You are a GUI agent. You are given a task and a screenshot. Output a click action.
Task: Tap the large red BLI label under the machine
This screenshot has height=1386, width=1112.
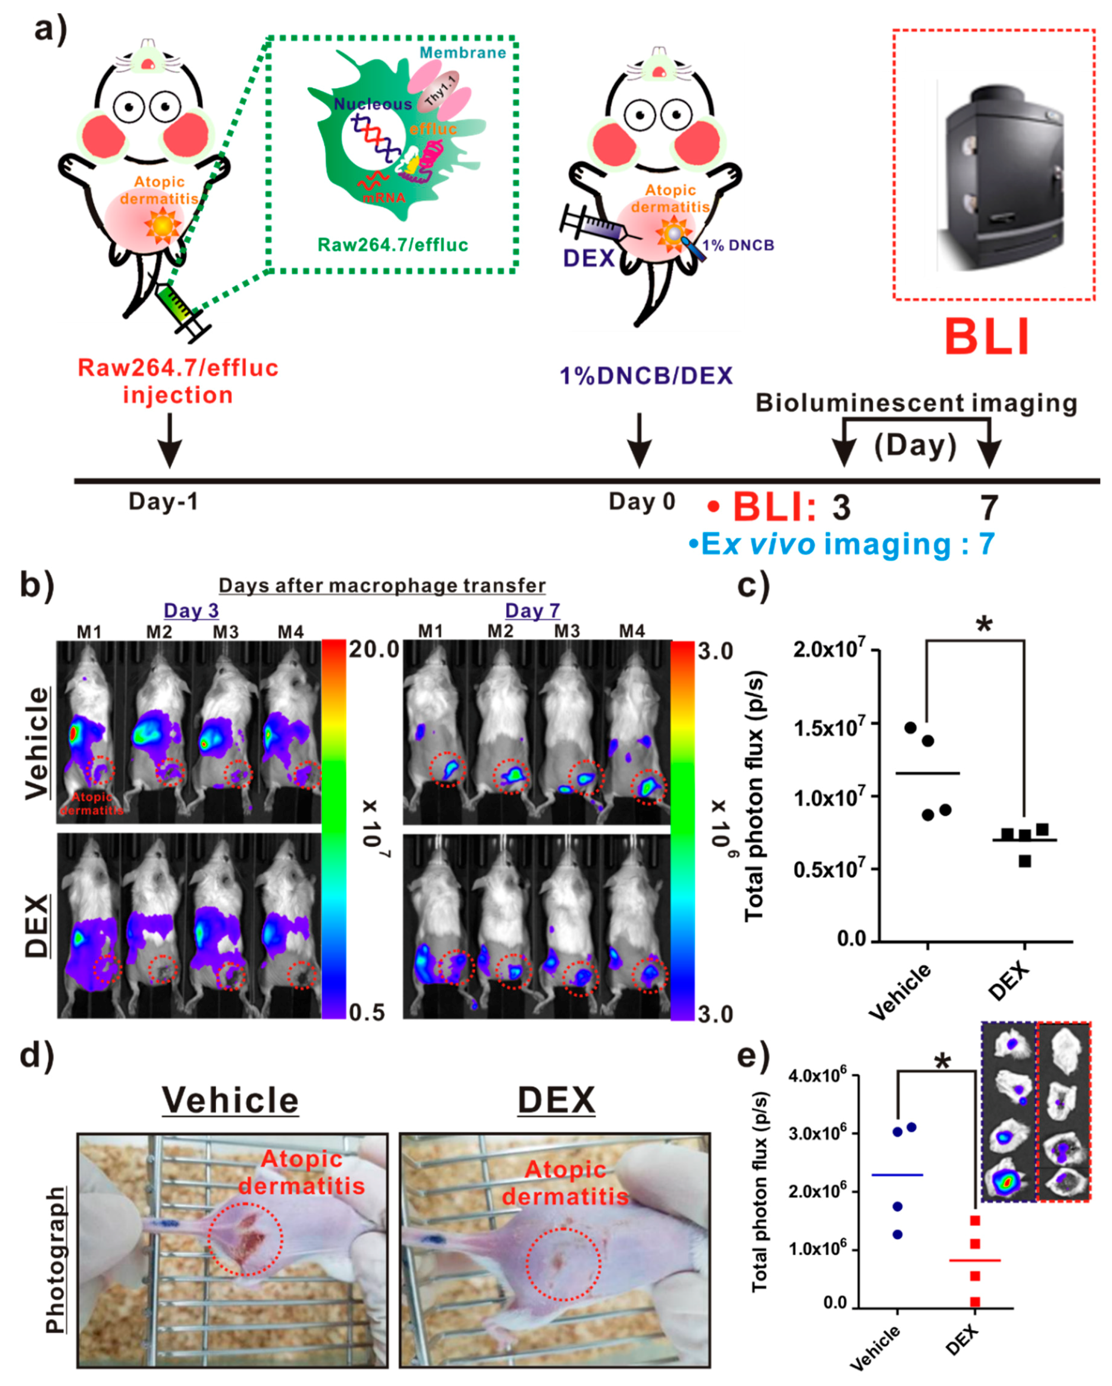[x=987, y=337]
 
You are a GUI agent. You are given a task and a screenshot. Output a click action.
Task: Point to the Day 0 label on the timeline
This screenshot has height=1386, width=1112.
[x=641, y=501]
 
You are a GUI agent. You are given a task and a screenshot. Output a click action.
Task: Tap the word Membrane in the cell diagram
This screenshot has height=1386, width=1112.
[x=463, y=53]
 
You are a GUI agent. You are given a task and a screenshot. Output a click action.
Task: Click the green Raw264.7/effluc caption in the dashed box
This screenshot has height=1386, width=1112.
[x=393, y=244]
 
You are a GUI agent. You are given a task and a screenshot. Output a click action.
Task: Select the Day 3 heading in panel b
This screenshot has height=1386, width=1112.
[x=191, y=610]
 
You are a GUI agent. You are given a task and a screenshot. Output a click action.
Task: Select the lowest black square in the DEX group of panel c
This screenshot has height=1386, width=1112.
[x=1024, y=861]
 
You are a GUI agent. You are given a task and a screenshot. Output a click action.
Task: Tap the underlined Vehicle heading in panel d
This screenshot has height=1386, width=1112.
[x=230, y=1100]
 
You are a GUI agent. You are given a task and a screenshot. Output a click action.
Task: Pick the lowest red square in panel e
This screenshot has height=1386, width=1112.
[x=975, y=1302]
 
